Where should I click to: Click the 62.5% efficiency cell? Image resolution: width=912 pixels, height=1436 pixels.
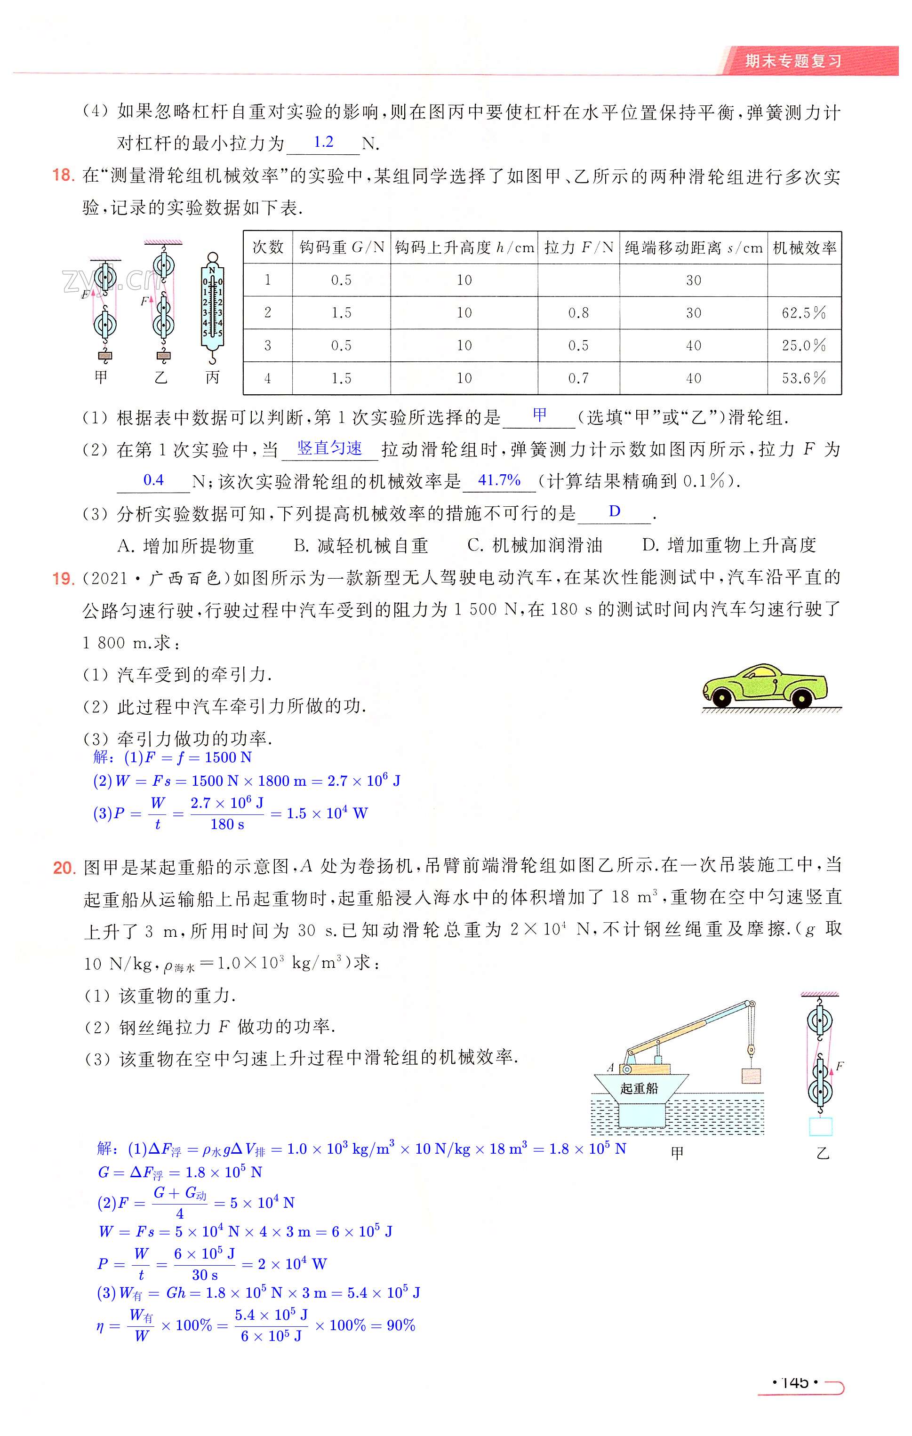(x=803, y=312)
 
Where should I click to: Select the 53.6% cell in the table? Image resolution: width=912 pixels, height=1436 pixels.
(x=803, y=378)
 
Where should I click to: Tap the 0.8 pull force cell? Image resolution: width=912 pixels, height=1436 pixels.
(x=578, y=312)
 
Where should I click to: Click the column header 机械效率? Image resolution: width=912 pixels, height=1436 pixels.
(x=804, y=247)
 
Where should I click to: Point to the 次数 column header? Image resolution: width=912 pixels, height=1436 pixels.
(x=268, y=247)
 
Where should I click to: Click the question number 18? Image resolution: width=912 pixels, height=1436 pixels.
(x=63, y=176)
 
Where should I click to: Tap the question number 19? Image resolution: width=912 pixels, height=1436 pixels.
(x=63, y=578)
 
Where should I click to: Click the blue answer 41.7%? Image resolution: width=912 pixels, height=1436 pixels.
(x=499, y=480)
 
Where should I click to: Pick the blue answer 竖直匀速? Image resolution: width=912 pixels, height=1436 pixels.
(x=329, y=448)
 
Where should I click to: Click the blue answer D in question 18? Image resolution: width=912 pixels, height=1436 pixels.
(x=615, y=511)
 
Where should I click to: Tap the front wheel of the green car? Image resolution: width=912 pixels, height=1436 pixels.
(x=722, y=698)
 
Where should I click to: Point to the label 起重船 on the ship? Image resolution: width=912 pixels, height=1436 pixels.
(x=639, y=1088)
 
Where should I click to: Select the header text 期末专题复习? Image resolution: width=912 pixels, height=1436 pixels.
(x=793, y=61)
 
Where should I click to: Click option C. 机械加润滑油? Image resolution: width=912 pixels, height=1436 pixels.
(x=535, y=545)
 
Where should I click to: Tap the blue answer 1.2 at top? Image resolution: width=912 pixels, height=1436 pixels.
(x=323, y=142)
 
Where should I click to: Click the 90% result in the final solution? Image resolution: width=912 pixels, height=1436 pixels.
(x=401, y=1325)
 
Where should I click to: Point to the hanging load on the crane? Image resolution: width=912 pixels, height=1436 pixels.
(x=751, y=1075)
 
